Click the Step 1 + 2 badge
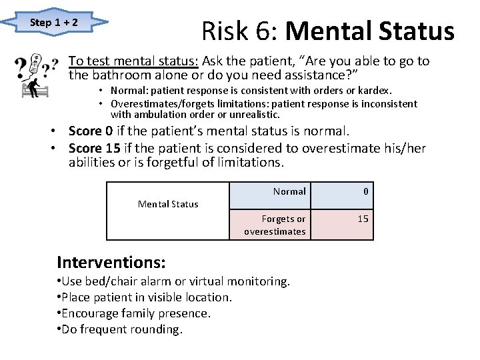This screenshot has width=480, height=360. coord(54,23)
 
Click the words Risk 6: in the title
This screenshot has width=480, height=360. coord(244,31)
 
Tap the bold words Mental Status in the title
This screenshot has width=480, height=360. coord(373,31)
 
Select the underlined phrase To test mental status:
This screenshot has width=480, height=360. coord(133,61)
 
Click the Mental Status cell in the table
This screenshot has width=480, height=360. coord(168,204)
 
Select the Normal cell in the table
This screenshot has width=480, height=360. coord(289,191)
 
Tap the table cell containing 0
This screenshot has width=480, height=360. coord(366,191)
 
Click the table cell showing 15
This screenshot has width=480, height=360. coord(363,219)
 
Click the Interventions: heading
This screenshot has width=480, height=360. coord(111,261)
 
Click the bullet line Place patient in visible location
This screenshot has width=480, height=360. coord(145,297)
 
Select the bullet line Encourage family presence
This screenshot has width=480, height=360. coord(135,313)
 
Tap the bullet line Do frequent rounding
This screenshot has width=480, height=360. coord(120,329)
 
